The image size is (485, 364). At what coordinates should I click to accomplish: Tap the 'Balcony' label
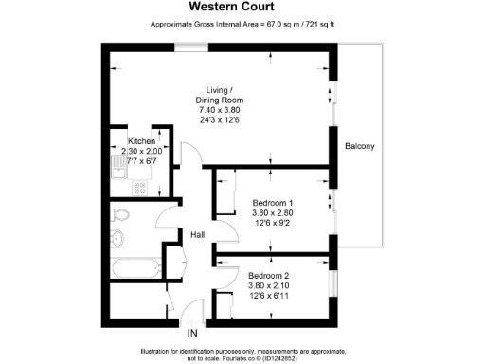[359, 145]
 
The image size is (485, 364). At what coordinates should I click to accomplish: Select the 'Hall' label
[197, 234]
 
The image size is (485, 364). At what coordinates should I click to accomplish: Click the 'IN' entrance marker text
[192, 333]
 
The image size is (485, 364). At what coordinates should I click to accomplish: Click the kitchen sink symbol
[117, 169]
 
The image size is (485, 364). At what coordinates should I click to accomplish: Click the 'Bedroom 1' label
[273, 203]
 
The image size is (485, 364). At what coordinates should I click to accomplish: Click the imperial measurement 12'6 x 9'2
[273, 225]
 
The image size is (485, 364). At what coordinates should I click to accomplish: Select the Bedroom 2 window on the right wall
[333, 277]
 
